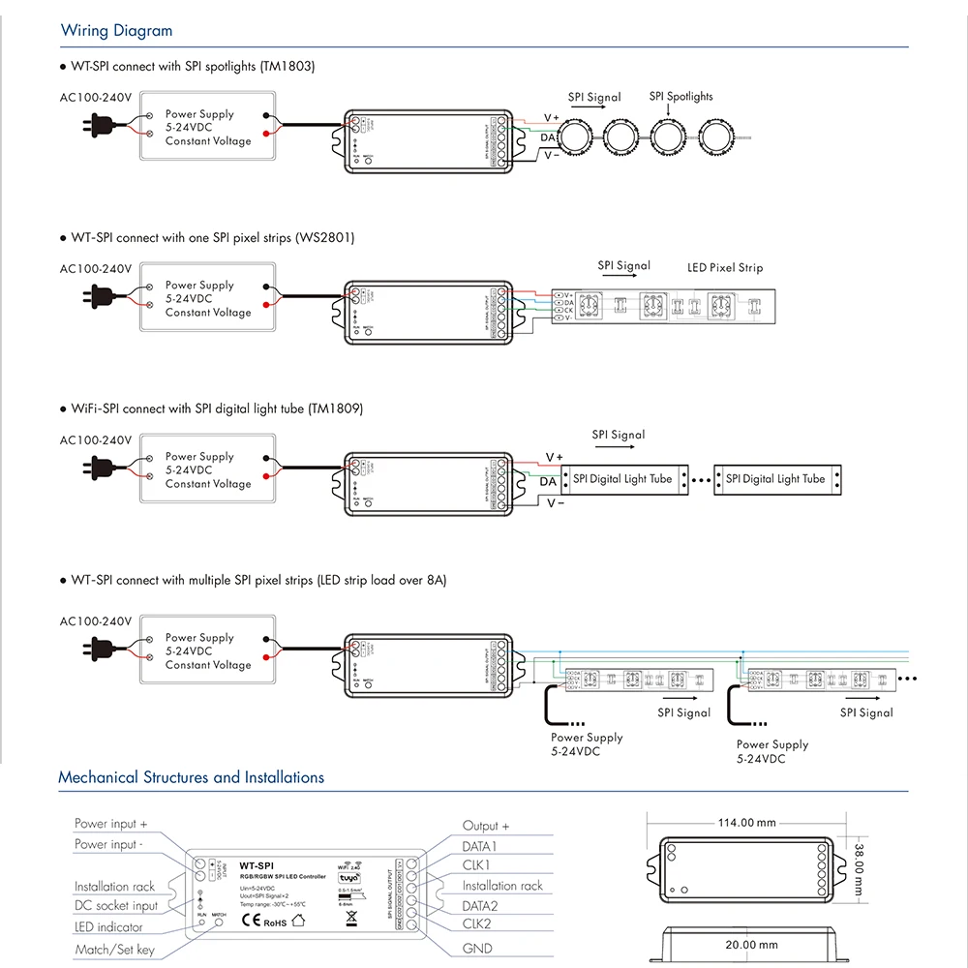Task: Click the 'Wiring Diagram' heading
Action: tap(116, 31)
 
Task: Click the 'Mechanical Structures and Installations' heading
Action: tap(191, 777)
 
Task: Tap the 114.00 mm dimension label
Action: tap(745, 823)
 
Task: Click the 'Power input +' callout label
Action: tap(110, 824)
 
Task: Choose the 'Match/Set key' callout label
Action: tap(114, 950)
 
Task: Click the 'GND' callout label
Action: tap(477, 949)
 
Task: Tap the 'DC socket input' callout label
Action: tap(116, 906)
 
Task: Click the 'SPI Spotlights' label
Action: tap(681, 97)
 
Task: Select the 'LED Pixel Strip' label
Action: tap(725, 268)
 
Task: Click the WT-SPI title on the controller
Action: tap(257, 864)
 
